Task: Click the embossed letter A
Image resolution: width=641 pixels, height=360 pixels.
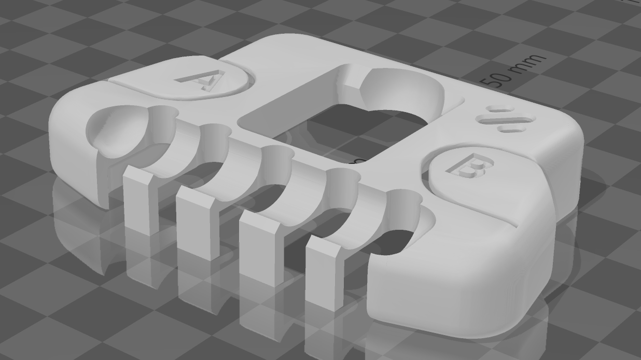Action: tap(204, 80)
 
